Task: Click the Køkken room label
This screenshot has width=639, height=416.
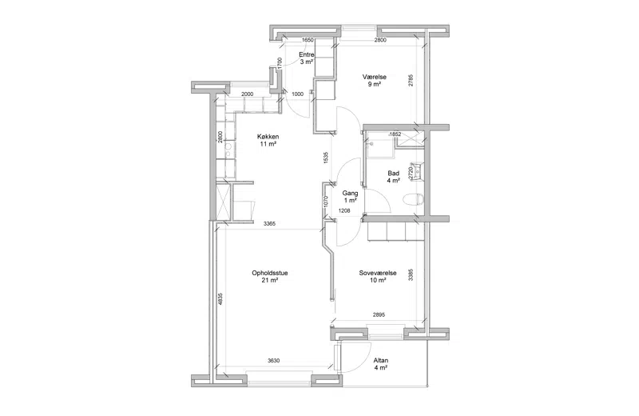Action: (268, 137)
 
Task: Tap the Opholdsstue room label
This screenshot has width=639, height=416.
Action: (270, 273)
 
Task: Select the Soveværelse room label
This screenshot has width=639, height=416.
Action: (378, 273)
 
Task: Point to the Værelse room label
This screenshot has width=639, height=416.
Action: (375, 77)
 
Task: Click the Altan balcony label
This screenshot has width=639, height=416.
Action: (381, 361)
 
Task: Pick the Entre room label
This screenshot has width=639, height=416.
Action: (307, 54)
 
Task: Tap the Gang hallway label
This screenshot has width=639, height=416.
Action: (350, 193)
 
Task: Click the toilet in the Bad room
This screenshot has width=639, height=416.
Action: (413, 200)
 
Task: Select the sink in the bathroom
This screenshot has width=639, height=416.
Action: (419, 171)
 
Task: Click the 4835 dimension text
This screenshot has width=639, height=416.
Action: (220, 300)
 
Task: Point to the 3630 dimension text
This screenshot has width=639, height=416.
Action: (273, 361)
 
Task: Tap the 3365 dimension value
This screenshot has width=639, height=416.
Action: (269, 223)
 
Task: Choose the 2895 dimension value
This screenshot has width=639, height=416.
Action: (379, 314)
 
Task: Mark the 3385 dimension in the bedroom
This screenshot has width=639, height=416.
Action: (411, 274)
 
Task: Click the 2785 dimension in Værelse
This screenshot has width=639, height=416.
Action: (411, 80)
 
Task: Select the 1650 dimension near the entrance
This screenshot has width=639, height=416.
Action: (308, 40)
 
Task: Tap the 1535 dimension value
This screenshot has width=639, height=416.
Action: (325, 158)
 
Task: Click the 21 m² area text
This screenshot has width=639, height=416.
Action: (270, 281)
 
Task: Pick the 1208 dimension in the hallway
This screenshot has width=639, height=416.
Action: (344, 211)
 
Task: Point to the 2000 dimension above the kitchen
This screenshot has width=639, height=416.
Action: (247, 94)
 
